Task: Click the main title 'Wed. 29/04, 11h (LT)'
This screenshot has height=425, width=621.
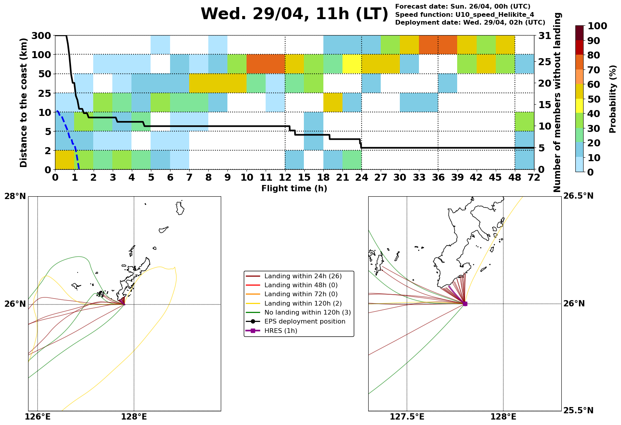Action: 295,14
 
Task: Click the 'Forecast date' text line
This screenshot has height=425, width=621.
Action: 463,7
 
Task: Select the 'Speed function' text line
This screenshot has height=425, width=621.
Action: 465,15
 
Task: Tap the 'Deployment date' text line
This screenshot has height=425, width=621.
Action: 470,23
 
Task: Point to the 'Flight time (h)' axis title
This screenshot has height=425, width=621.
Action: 294,189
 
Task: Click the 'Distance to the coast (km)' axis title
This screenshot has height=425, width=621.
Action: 24,103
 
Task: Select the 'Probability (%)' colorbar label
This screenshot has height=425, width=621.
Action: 613,99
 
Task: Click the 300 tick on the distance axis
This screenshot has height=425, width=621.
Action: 42,36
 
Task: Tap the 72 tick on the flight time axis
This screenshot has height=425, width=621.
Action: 534,178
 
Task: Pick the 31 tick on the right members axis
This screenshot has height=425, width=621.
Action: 545,36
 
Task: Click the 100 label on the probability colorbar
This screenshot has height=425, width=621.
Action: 597,26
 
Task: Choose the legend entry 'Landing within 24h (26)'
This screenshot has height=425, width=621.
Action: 303,276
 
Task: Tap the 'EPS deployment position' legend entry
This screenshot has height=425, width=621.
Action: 305,322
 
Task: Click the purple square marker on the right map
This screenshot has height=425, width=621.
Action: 465,304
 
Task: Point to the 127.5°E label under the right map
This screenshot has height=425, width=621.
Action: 407,417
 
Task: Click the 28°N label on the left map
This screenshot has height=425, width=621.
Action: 15,196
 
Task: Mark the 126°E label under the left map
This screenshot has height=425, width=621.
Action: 37,417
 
